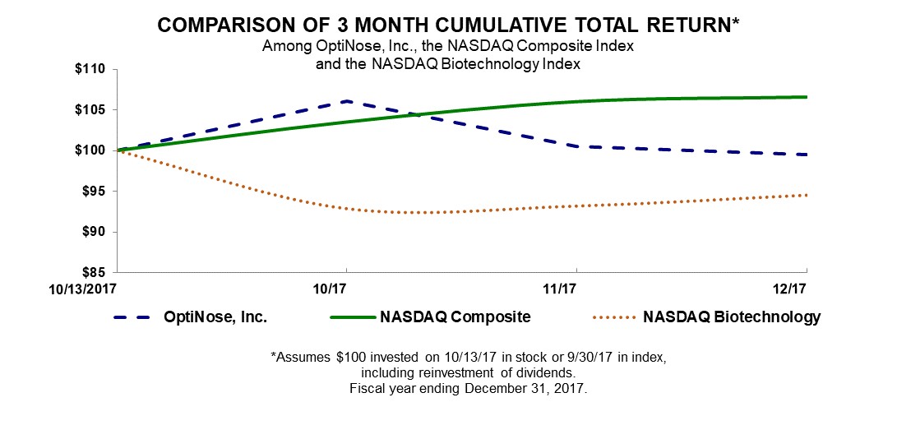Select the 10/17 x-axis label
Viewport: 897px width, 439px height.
pos(346,289)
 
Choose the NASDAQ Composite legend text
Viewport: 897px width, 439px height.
pos(455,317)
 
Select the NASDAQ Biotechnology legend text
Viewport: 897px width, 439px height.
pos(733,317)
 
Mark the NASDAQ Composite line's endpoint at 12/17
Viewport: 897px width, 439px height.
pos(806,97)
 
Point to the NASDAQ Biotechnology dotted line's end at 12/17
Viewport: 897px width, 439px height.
pos(806,195)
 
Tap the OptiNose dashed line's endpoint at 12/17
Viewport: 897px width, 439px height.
pos(806,155)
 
